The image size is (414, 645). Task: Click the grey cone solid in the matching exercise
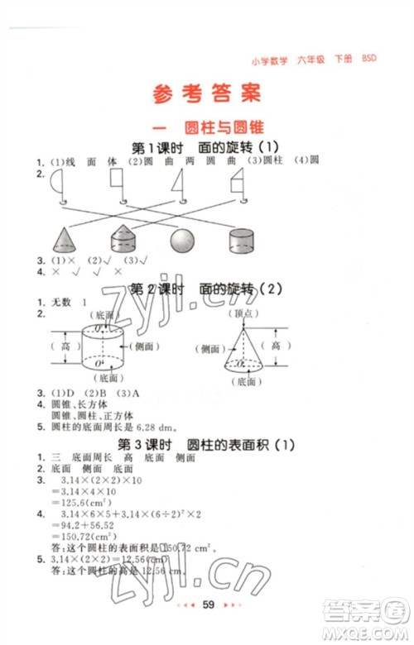[x=64, y=239]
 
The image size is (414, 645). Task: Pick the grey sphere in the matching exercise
[x=182, y=240]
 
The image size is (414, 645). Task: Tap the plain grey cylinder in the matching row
[x=242, y=241]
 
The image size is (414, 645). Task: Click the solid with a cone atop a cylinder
[x=123, y=239]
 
